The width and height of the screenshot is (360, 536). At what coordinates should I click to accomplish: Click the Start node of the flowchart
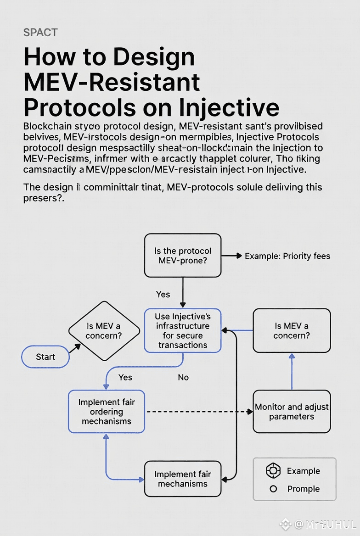click(45, 357)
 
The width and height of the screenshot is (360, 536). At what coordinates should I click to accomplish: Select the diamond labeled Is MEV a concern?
click(104, 331)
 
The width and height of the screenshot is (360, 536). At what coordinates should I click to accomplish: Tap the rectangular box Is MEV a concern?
click(292, 331)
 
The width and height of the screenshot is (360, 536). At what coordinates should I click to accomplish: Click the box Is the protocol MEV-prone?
click(183, 256)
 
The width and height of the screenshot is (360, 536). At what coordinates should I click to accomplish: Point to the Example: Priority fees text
click(287, 256)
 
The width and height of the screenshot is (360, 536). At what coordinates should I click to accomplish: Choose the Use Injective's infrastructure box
click(183, 331)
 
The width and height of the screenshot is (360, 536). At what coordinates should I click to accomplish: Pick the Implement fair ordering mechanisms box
click(107, 412)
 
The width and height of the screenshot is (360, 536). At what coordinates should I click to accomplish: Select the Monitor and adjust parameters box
click(292, 412)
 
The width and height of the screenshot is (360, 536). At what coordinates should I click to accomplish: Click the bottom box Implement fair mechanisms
click(183, 479)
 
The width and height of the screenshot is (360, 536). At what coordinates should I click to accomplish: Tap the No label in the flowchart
click(183, 377)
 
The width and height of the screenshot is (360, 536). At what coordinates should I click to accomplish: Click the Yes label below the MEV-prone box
click(163, 295)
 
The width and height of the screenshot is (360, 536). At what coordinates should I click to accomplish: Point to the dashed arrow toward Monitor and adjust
click(197, 412)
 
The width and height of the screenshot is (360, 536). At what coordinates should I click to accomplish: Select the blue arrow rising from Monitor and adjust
click(292, 372)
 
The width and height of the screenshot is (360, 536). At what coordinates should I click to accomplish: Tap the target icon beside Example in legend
click(273, 471)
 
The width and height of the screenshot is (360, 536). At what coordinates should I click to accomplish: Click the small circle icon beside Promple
click(273, 489)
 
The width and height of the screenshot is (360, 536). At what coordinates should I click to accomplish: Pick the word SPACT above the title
click(40, 33)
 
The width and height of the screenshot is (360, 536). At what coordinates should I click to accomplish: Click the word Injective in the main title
click(230, 107)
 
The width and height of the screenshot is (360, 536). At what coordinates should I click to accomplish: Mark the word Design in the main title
click(154, 57)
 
